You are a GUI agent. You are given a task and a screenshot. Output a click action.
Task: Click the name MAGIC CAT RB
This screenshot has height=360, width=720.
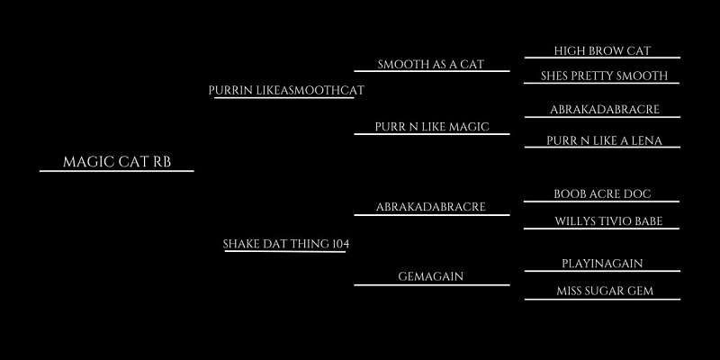117,162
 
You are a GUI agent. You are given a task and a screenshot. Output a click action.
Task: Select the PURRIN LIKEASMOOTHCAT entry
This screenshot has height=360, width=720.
286,91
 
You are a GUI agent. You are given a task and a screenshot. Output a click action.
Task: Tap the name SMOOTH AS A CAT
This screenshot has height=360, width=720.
431,64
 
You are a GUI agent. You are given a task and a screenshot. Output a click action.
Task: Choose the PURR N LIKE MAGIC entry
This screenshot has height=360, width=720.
432,127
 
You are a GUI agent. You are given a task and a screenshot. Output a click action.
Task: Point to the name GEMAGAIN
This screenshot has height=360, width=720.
431,276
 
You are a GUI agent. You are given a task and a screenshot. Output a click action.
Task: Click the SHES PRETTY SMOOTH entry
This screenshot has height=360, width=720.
604,76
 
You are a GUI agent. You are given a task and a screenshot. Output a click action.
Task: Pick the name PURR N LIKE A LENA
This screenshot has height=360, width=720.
604,140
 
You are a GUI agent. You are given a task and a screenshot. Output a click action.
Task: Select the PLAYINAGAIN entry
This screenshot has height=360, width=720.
602,264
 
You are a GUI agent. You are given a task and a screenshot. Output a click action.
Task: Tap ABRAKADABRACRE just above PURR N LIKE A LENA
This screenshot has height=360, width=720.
605,110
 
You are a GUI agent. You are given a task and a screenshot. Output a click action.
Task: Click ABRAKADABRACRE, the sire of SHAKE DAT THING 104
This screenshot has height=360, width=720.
431,207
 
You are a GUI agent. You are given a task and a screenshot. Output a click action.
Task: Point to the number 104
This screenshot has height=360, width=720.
340,244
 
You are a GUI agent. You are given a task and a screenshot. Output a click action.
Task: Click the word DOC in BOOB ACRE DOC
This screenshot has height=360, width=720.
639,194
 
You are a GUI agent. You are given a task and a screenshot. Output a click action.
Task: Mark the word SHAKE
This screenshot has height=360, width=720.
241,244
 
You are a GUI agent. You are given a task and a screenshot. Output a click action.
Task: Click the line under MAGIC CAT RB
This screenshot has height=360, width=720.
117,171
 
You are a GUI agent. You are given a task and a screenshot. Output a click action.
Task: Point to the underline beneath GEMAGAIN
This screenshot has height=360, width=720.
432,285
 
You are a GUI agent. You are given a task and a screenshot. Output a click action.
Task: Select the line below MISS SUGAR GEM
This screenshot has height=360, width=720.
602,300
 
